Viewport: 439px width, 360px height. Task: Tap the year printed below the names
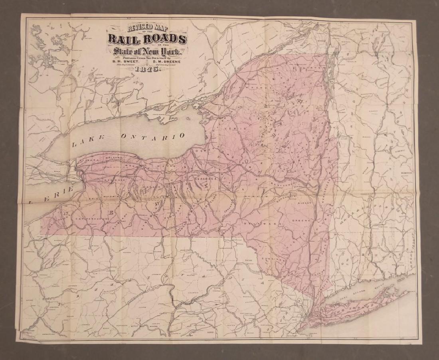147,69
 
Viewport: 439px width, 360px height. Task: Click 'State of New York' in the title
147,51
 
